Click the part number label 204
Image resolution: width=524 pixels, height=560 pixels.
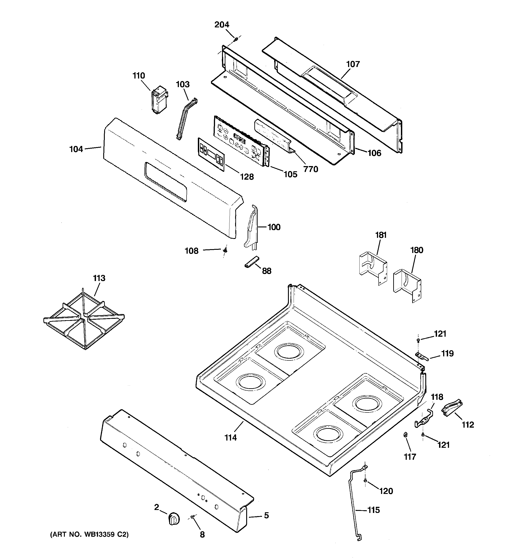click(x=222, y=25)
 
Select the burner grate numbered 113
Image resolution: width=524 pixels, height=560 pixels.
click(x=84, y=319)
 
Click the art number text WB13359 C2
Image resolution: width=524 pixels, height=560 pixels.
click(x=102, y=534)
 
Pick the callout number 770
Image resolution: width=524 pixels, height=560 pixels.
click(x=311, y=169)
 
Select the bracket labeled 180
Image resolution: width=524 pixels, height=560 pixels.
click(x=407, y=285)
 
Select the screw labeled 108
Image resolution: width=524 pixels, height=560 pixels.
click(x=225, y=250)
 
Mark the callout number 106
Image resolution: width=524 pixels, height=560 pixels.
click(x=374, y=153)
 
